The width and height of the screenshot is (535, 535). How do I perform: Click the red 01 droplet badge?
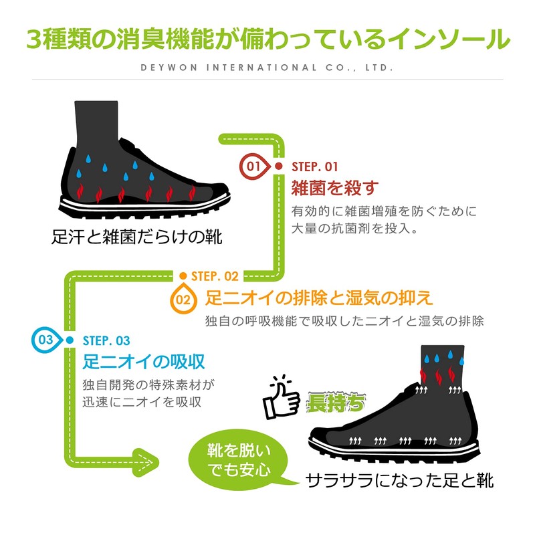pos(255,167)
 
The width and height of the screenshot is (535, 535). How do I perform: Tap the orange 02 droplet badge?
pos(183,299)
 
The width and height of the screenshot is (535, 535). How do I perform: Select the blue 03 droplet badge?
pos(47,340)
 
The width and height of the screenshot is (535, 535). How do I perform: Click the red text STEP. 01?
pos(314,167)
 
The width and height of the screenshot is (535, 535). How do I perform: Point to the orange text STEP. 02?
pos(215,276)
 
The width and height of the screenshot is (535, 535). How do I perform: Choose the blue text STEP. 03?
pos(106,340)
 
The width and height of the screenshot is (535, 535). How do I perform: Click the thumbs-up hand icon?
pos(282,397)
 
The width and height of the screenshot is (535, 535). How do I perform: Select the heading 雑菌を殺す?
pos(335,188)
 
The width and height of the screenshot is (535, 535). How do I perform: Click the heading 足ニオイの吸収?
pos(144,362)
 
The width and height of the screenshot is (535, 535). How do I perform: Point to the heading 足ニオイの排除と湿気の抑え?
pos(319,298)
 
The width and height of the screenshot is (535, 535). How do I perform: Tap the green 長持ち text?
pos(336,403)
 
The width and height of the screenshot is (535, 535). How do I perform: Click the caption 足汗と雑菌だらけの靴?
pos(137,237)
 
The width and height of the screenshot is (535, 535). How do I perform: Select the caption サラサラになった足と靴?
pos(399,480)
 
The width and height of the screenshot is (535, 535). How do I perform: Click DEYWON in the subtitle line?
pos(169,68)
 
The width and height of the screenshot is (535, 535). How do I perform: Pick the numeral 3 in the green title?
pos(34,39)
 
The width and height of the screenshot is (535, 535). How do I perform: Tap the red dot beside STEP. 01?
pos(279,166)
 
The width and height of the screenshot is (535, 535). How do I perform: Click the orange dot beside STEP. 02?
pos(183,276)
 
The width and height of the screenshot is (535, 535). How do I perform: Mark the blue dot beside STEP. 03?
pos(70,340)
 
